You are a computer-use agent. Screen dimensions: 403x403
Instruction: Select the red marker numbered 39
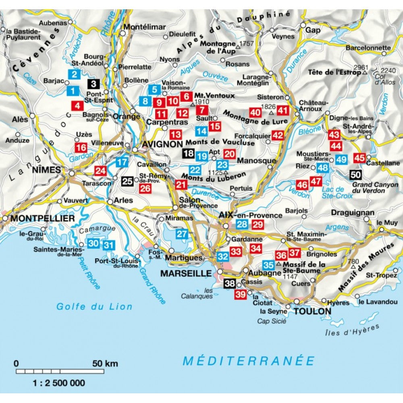pos(240,295)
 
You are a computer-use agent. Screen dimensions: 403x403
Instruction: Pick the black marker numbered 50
pos(355,175)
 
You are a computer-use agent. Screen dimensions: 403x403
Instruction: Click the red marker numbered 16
pos(81,147)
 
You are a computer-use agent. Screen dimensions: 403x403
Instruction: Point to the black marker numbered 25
pos(127,181)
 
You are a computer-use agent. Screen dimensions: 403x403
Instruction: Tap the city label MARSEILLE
pos(186,273)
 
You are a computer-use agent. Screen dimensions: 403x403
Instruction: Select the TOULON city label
pos(312,311)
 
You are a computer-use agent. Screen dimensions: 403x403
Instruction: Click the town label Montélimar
pos(145,27)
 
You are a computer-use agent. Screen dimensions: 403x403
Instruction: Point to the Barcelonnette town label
pos(368,48)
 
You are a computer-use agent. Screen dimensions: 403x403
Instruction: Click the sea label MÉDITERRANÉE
pos(248,360)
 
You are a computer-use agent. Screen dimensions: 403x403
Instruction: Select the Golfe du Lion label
pos(94,307)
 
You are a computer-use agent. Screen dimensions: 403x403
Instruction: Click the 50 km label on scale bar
pos(106,364)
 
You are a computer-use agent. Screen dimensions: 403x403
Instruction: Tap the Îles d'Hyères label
pos(352,330)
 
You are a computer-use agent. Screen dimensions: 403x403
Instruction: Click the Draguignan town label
pos(353,212)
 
